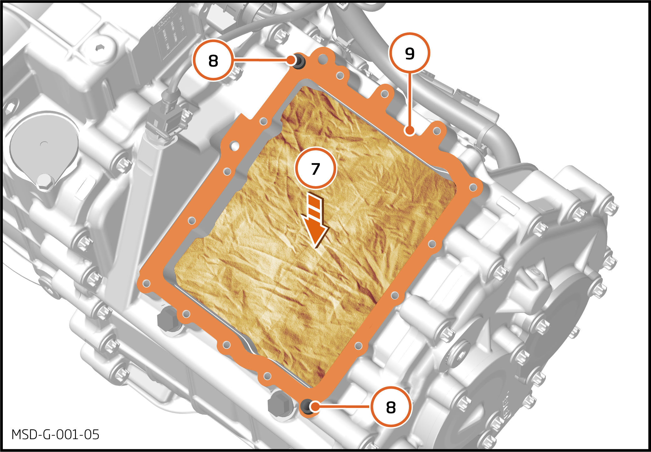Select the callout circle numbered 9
point(409,53)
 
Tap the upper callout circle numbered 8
point(213,60)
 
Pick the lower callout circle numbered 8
point(391,407)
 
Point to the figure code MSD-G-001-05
point(55,435)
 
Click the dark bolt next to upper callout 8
point(298,61)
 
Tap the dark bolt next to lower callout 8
point(307,407)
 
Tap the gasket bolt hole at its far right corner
point(473,187)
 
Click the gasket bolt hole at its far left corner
point(146,284)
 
